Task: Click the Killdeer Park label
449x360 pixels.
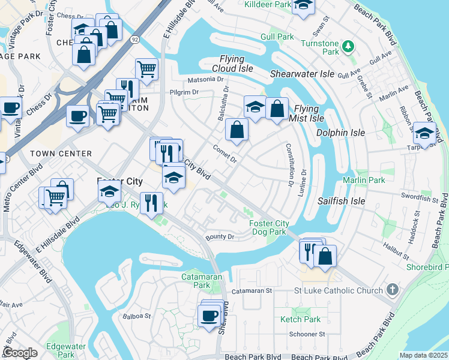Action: (268, 4)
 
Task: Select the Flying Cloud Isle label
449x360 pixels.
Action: (231, 64)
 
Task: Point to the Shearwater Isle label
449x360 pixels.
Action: (302, 74)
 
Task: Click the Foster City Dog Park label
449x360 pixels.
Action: (269, 228)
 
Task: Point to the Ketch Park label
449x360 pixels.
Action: (300, 319)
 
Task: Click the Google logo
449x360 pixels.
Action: (20, 353)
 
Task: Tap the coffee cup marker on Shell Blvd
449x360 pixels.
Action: (209, 315)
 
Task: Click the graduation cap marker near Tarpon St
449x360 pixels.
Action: (424, 133)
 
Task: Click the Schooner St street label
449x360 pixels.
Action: (307, 334)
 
